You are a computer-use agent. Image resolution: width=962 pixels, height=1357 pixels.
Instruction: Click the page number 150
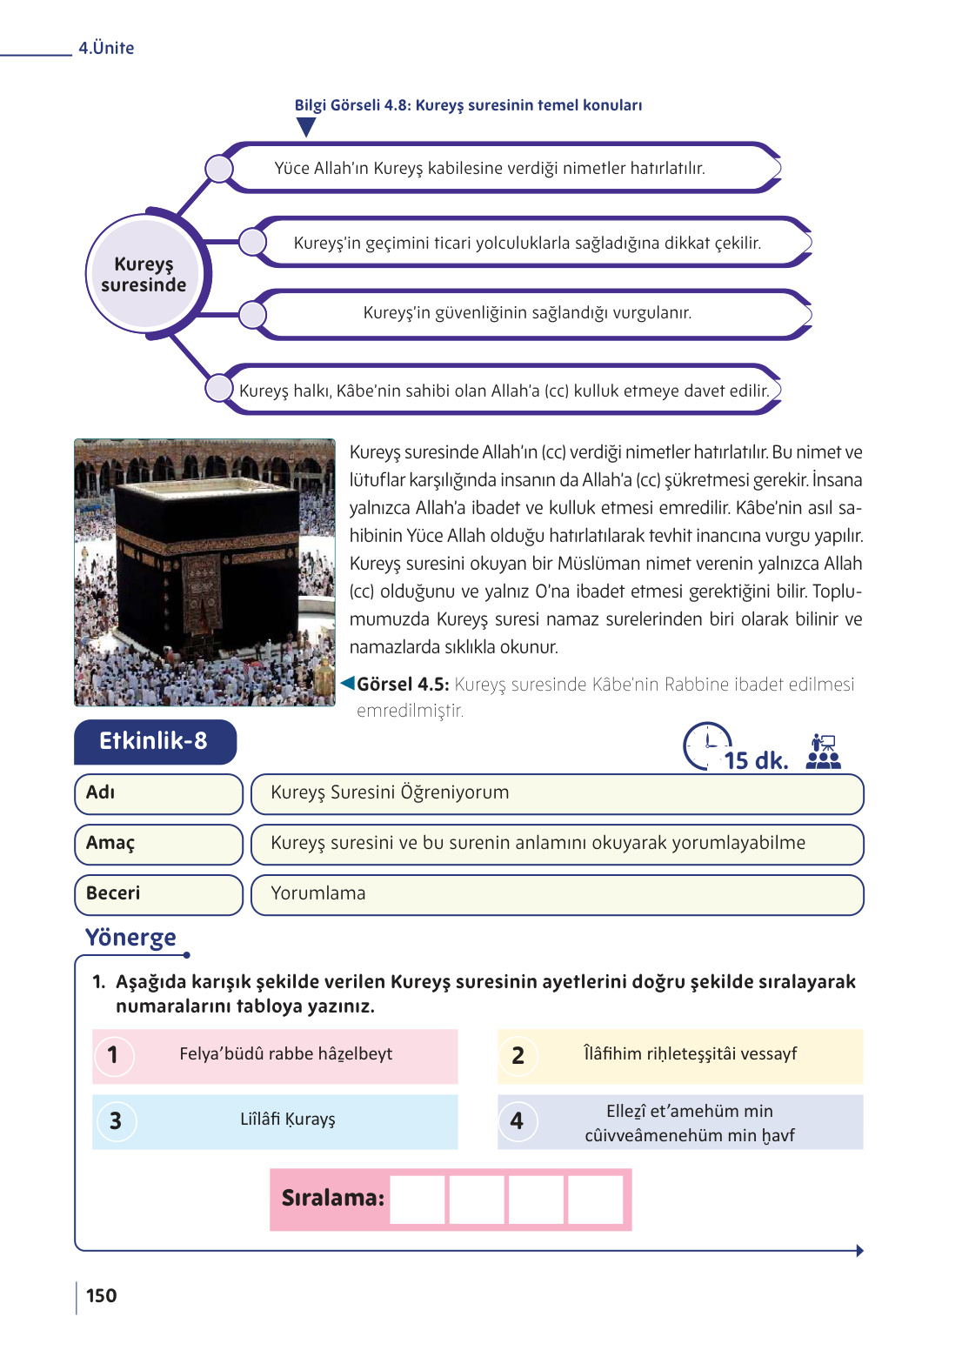click(101, 1295)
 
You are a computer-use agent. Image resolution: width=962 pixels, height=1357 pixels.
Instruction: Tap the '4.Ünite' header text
click(106, 48)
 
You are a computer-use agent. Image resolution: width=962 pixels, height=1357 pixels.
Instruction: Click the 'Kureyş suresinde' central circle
click(144, 274)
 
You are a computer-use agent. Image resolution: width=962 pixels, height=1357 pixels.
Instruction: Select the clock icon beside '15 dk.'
click(706, 745)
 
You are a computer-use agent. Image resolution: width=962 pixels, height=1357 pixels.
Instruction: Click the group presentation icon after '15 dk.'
click(822, 752)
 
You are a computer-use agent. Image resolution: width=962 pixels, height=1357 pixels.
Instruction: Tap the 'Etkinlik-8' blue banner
click(154, 741)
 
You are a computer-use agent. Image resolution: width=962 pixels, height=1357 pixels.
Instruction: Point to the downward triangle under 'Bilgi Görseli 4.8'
click(305, 127)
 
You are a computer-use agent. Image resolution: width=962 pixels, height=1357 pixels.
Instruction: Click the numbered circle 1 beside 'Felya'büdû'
click(113, 1056)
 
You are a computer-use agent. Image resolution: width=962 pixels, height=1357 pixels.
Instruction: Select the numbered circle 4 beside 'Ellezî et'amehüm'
click(518, 1121)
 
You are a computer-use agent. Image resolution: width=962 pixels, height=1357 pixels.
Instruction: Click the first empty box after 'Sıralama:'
click(418, 1200)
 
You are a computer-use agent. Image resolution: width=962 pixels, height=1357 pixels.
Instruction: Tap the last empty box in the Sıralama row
click(596, 1200)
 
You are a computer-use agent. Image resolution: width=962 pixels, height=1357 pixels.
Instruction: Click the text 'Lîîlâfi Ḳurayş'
click(287, 1120)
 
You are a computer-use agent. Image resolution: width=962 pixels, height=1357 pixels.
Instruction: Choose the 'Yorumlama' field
click(557, 894)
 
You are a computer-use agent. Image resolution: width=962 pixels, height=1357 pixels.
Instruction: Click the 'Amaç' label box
click(157, 844)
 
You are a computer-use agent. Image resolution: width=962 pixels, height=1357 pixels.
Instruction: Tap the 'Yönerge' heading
click(130, 938)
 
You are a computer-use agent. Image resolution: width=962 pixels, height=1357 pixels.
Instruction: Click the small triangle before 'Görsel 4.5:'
click(348, 683)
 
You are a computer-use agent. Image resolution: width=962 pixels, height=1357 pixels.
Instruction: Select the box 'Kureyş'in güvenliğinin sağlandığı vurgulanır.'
click(527, 313)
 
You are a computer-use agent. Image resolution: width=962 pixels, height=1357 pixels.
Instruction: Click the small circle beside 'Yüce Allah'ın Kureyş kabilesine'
click(219, 169)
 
